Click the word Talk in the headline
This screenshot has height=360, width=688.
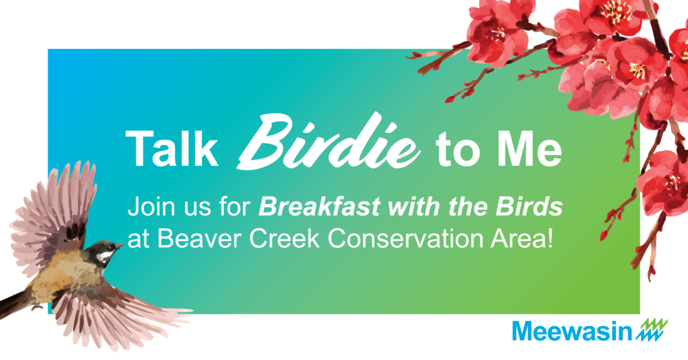click(x=171, y=148)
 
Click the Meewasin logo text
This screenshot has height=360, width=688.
click(x=572, y=331)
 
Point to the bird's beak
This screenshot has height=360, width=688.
click(x=119, y=246)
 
